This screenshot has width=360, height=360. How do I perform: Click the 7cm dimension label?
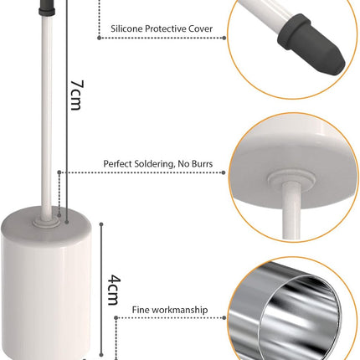pos(77,95)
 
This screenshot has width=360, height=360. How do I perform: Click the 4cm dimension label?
pos(115,290)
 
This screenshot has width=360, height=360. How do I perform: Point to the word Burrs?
pos(203,163)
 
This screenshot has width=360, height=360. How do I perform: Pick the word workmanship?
pos(179,310)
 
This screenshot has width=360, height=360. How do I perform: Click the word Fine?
pos(140,310)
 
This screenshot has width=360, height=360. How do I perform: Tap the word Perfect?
pos(117,163)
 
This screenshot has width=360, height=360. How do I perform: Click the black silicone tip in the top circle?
pos(311,45)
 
